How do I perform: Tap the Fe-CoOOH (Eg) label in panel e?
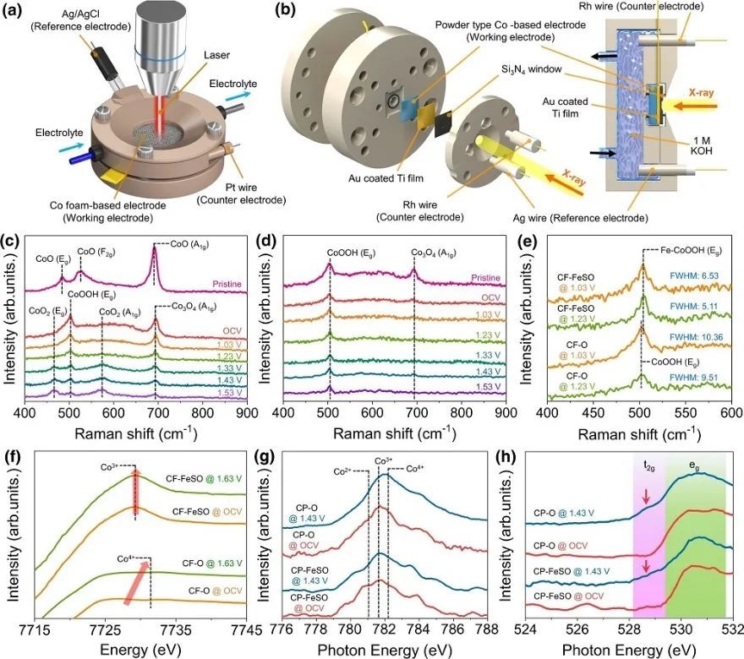coord(686,249)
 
